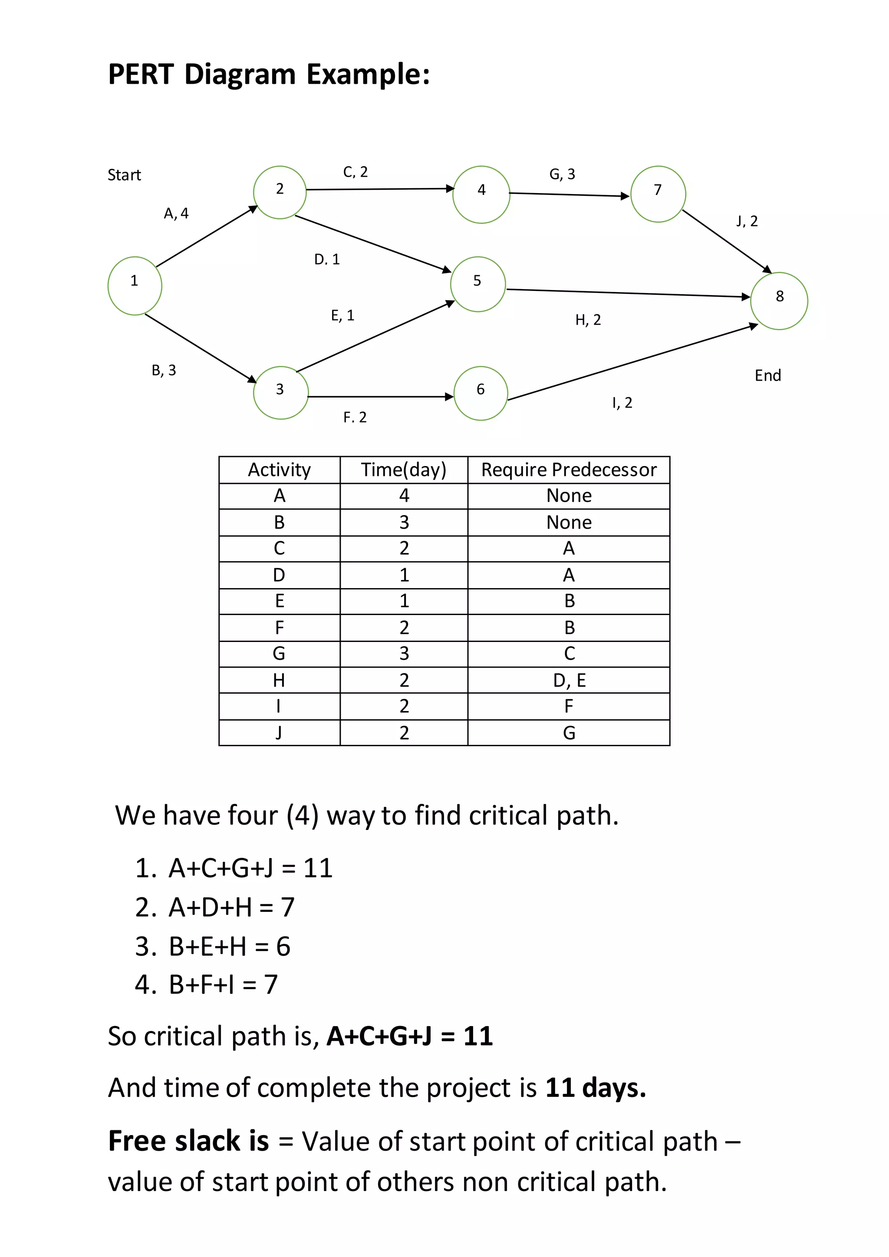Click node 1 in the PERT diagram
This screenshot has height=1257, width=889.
(x=135, y=286)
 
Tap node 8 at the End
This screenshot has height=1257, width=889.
(x=779, y=300)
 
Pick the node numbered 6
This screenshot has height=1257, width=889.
(x=481, y=393)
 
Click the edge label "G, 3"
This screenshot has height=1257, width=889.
(x=562, y=174)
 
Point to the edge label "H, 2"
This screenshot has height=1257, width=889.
(x=588, y=320)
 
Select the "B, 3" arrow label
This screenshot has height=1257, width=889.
(x=164, y=371)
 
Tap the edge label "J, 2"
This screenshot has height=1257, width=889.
(x=747, y=221)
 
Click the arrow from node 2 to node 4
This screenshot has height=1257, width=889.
(x=380, y=189)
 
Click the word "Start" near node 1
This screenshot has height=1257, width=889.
(x=124, y=175)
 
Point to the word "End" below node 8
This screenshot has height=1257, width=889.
(x=767, y=375)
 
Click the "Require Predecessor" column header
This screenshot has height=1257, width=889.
(x=569, y=470)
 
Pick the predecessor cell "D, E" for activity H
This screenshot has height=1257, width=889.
(x=570, y=681)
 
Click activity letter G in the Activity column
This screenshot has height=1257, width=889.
(x=279, y=654)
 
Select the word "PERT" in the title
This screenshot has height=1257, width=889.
(x=141, y=75)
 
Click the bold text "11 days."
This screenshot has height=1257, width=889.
(x=596, y=1088)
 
